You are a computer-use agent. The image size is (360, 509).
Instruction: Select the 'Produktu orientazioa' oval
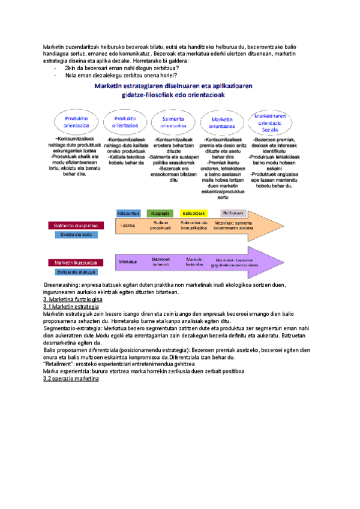pyautogui.click(x=125, y=122)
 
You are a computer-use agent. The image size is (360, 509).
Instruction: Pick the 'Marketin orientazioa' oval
pyautogui.click(x=222, y=122)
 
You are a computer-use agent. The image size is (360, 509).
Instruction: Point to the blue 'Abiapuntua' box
pyautogui.click(x=128, y=213)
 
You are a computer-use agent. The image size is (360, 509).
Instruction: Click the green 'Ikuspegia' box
pyautogui.click(x=160, y=213)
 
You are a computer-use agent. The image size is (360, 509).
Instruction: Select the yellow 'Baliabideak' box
pyautogui.click(x=194, y=213)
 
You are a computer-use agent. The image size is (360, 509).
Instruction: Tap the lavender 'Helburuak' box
pyautogui.click(x=233, y=213)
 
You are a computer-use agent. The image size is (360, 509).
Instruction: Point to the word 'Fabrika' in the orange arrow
pyautogui.click(x=127, y=226)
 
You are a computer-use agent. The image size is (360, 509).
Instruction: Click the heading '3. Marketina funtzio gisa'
pyautogui.click(x=73, y=299)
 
